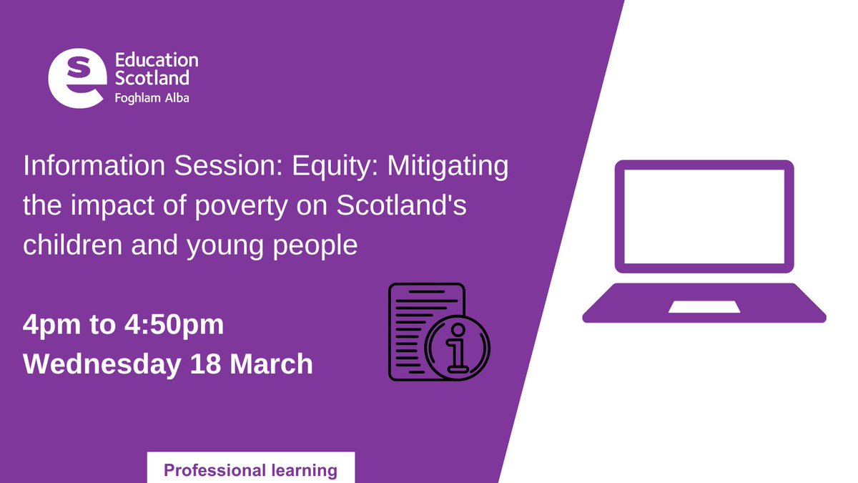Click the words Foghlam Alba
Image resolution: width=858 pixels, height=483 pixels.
point(152,98)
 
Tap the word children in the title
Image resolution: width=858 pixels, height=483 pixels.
point(66,245)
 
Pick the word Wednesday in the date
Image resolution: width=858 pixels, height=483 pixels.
point(102,364)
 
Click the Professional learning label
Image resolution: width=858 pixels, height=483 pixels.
point(250,470)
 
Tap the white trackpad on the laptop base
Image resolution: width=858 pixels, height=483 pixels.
point(704,306)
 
